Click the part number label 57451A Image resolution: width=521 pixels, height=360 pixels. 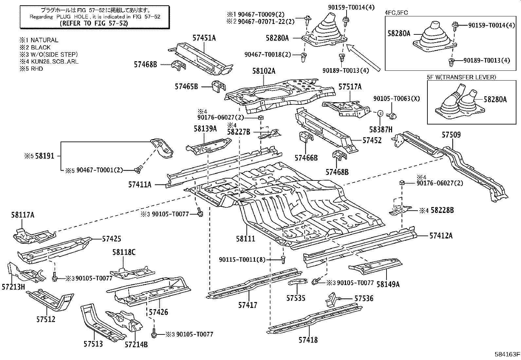click(x=204, y=38)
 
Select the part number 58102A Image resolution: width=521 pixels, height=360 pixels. click(x=264, y=71)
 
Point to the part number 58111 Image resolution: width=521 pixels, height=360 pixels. click(x=245, y=238)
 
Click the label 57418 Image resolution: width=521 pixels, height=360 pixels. click(x=308, y=340)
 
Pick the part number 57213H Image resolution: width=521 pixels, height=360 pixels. click(x=13, y=287)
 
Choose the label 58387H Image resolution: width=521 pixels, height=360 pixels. click(x=381, y=129)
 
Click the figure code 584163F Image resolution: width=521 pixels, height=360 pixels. click(x=507, y=354)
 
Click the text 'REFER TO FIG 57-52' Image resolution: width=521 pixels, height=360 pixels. click(x=94, y=23)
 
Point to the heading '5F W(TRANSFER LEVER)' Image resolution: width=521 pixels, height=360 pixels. click(x=461, y=77)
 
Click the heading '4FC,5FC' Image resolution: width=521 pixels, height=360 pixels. click(x=396, y=13)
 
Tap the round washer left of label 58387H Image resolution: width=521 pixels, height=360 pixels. click(x=381, y=113)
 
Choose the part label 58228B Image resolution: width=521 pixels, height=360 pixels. click(x=442, y=210)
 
